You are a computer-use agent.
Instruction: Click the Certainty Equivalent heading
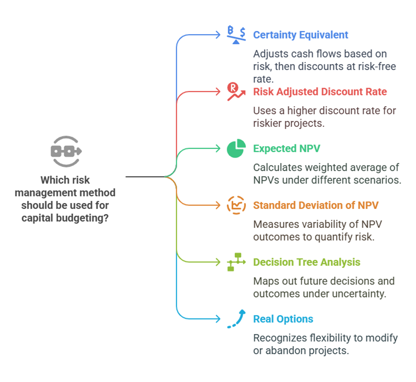[x=300, y=35]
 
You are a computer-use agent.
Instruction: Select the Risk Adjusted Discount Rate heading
[x=320, y=92]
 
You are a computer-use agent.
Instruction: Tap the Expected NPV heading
[x=287, y=149]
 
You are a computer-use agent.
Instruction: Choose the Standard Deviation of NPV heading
[x=316, y=205]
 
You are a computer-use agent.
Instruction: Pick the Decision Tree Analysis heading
[x=306, y=262]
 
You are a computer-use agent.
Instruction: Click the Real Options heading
[x=283, y=319]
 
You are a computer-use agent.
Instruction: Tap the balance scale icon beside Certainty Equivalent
[x=236, y=35]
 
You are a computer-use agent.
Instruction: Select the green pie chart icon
[x=236, y=149]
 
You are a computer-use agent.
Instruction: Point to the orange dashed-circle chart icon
[x=236, y=205]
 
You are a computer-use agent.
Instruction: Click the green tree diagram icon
[x=236, y=262]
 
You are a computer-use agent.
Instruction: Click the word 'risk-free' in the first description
[x=377, y=66]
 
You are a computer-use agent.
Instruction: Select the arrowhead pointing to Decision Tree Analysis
[x=219, y=262]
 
